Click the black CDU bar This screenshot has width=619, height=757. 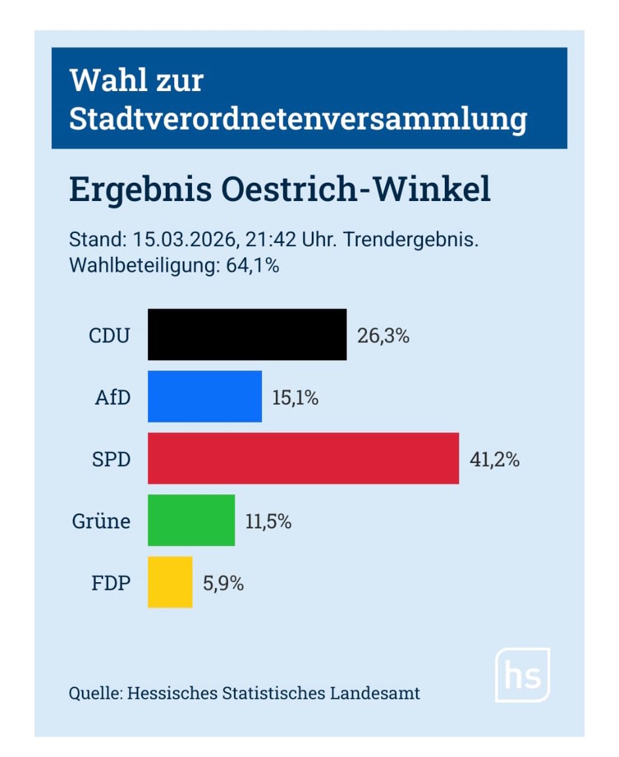pyautogui.click(x=247, y=335)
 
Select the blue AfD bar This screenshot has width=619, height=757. pyautogui.click(x=204, y=397)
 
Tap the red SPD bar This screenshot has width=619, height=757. pyautogui.click(x=303, y=458)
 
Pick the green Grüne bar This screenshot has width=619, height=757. pyautogui.click(x=191, y=521)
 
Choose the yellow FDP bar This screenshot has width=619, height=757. pyautogui.click(x=170, y=582)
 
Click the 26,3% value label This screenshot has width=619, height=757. pyautogui.click(x=383, y=336)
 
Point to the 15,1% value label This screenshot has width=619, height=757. pyautogui.click(x=295, y=397)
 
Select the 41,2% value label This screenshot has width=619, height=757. pyautogui.click(x=495, y=460)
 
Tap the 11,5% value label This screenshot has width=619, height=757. pyautogui.click(x=269, y=522)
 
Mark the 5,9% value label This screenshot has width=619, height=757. pyautogui.click(x=223, y=583)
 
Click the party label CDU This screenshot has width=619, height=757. pyautogui.click(x=109, y=336)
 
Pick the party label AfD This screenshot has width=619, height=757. pyautogui.click(x=113, y=397)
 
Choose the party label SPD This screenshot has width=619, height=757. pyautogui.click(x=111, y=460)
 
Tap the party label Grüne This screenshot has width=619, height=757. pyautogui.click(x=101, y=522)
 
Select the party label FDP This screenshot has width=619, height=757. pyautogui.click(x=111, y=583)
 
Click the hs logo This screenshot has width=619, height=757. pyautogui.click(x=522, y=675)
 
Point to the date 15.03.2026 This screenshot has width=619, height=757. pyautogui.click(x=184, y=240)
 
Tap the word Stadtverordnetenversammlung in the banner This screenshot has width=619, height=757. pyautogui.click(x=298, y=120)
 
